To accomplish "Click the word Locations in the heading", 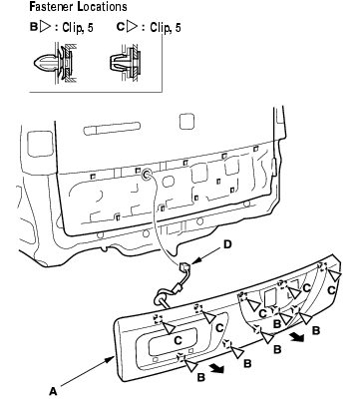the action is pos(102,7).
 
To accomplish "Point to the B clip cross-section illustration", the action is pos(55,62).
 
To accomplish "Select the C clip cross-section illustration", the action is pos(126,62).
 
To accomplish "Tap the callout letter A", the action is pos(53,391).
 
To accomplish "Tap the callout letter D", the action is pos(227,244).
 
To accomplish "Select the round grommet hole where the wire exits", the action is pos(147,175).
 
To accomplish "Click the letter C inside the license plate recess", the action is pos(178,340).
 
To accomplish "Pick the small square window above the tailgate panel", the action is pos(186,122).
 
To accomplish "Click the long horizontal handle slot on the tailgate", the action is pos(112,129).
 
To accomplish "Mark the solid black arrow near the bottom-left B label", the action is pos(217,368).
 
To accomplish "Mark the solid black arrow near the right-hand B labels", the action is pos(297,337).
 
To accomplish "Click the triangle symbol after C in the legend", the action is pos(133,26).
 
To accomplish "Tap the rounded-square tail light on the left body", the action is pos(40,144).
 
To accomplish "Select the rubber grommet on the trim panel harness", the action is pos(161,298).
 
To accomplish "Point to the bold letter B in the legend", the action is pos(34,27).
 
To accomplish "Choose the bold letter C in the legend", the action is pos(121,27).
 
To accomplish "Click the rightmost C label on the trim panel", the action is pos(331,290).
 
